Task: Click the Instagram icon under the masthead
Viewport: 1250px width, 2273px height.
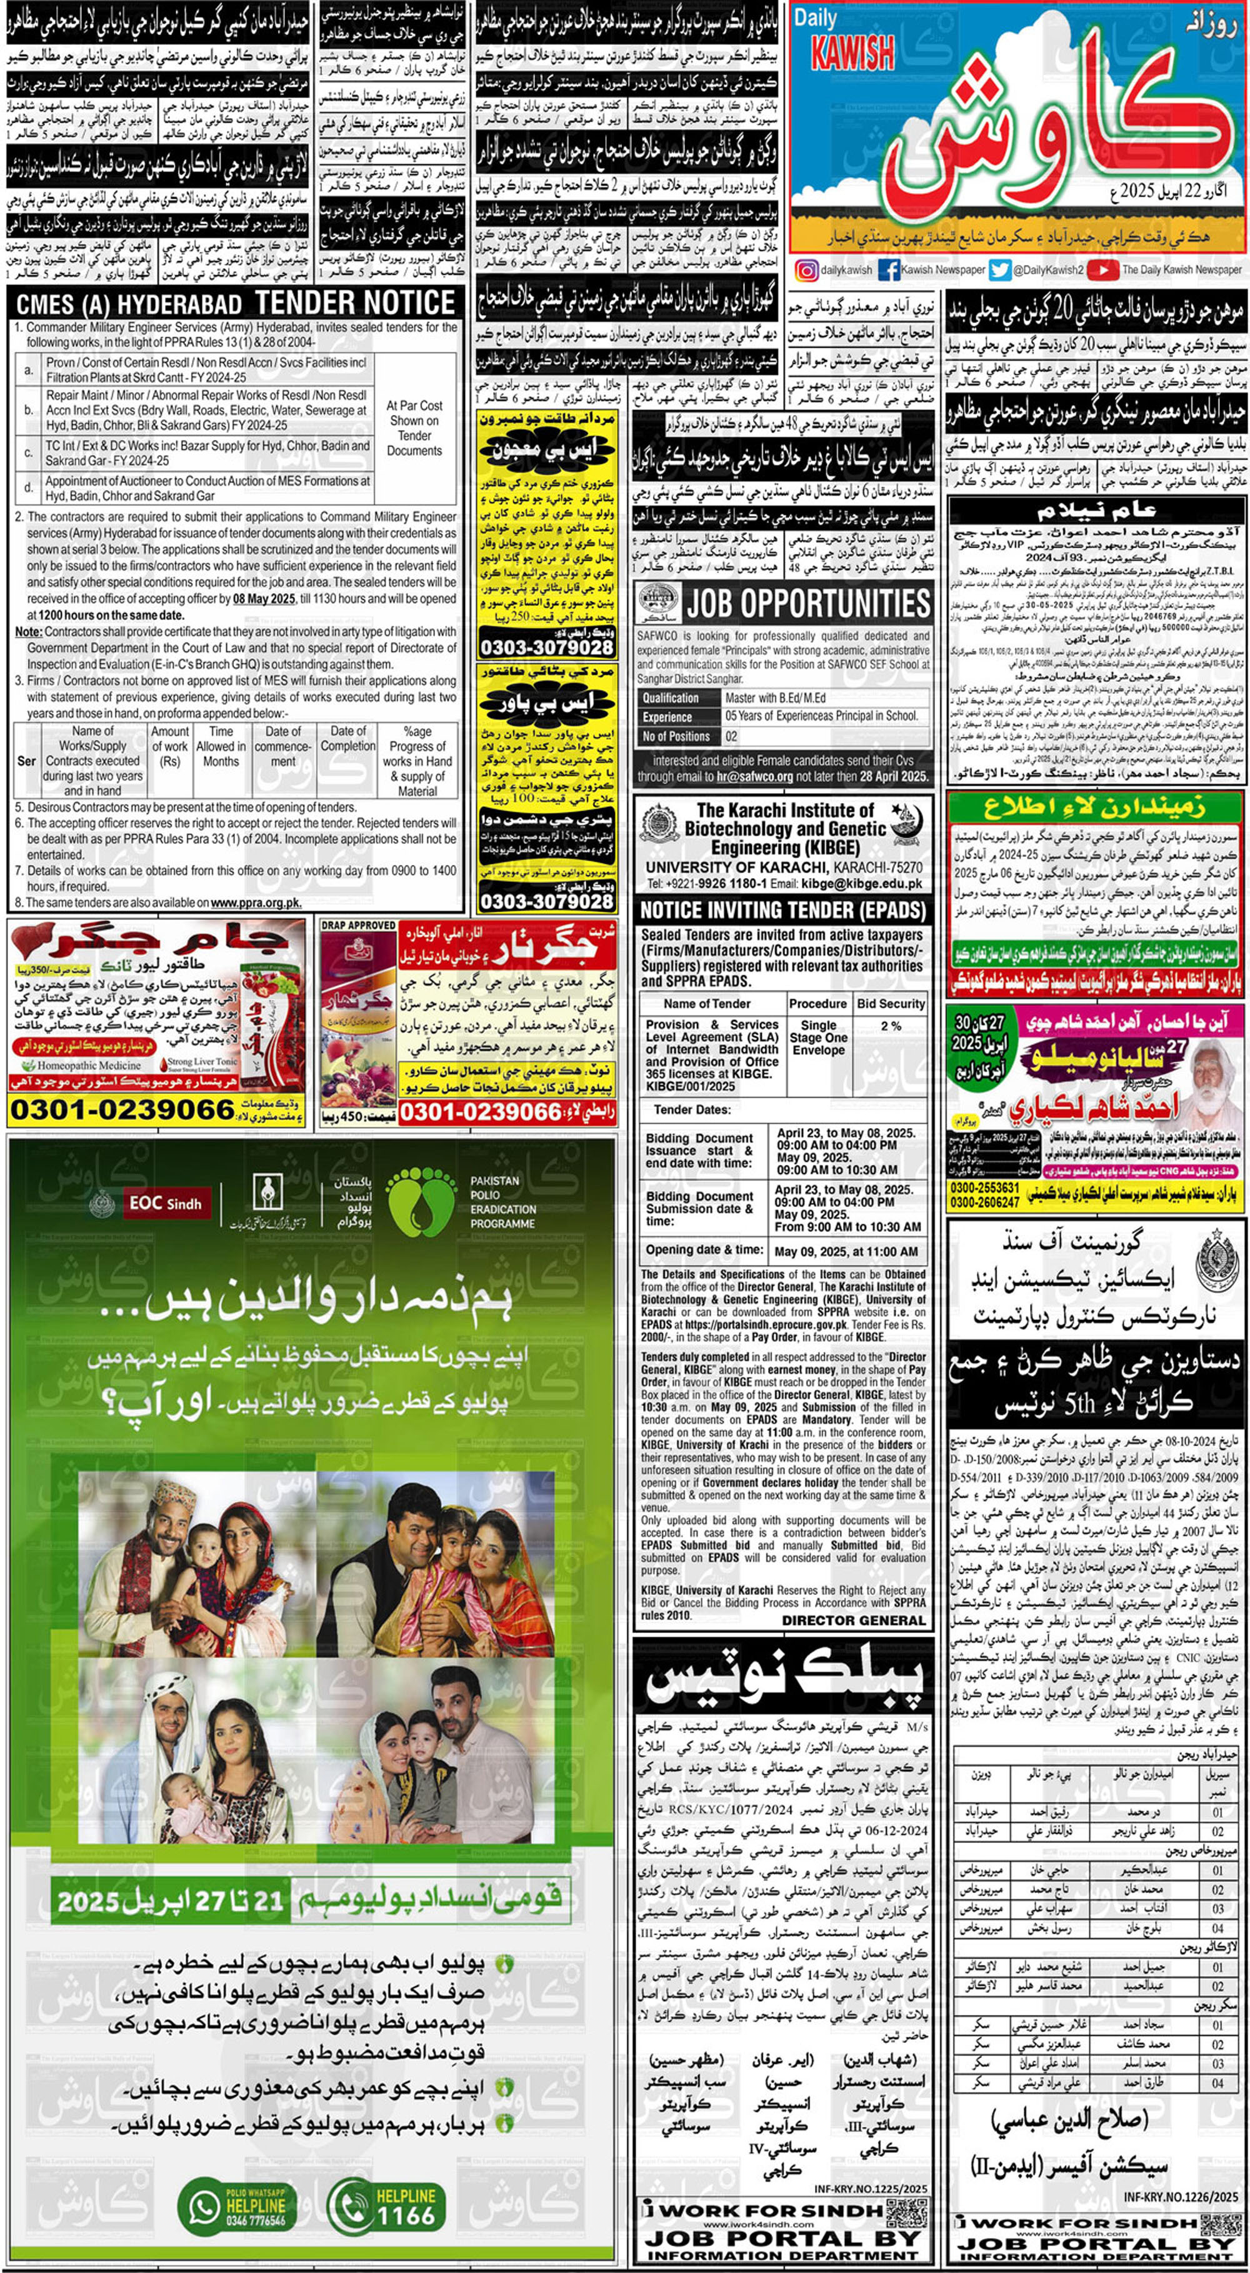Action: (x=806, y=270)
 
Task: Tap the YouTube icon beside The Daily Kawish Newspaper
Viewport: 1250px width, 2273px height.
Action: (x=1102, y=270)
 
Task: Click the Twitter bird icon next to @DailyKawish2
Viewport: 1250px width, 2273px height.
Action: (x=999, y=270)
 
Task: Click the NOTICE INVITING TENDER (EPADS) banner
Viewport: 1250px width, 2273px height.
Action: (x=782, y=911)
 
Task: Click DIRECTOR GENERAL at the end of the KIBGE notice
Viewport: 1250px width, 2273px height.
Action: (x=853, y=1619)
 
